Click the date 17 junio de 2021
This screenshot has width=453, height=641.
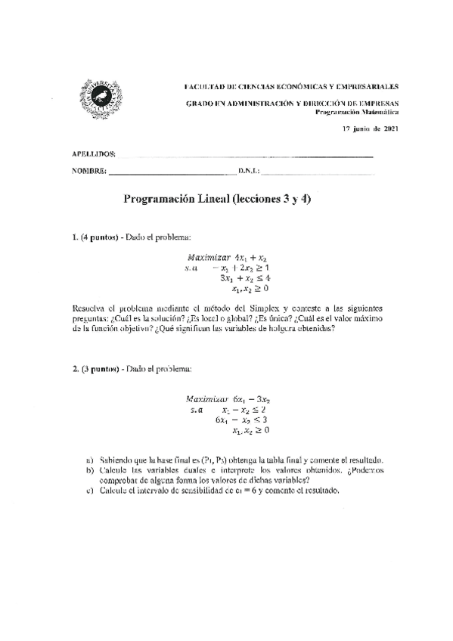371,129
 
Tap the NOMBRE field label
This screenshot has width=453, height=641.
88,172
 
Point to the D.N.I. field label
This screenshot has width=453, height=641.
248,172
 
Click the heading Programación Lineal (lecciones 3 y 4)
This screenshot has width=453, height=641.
217,201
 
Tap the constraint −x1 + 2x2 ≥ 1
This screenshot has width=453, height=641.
241,268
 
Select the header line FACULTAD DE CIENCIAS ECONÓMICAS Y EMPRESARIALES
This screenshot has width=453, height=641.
293,87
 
